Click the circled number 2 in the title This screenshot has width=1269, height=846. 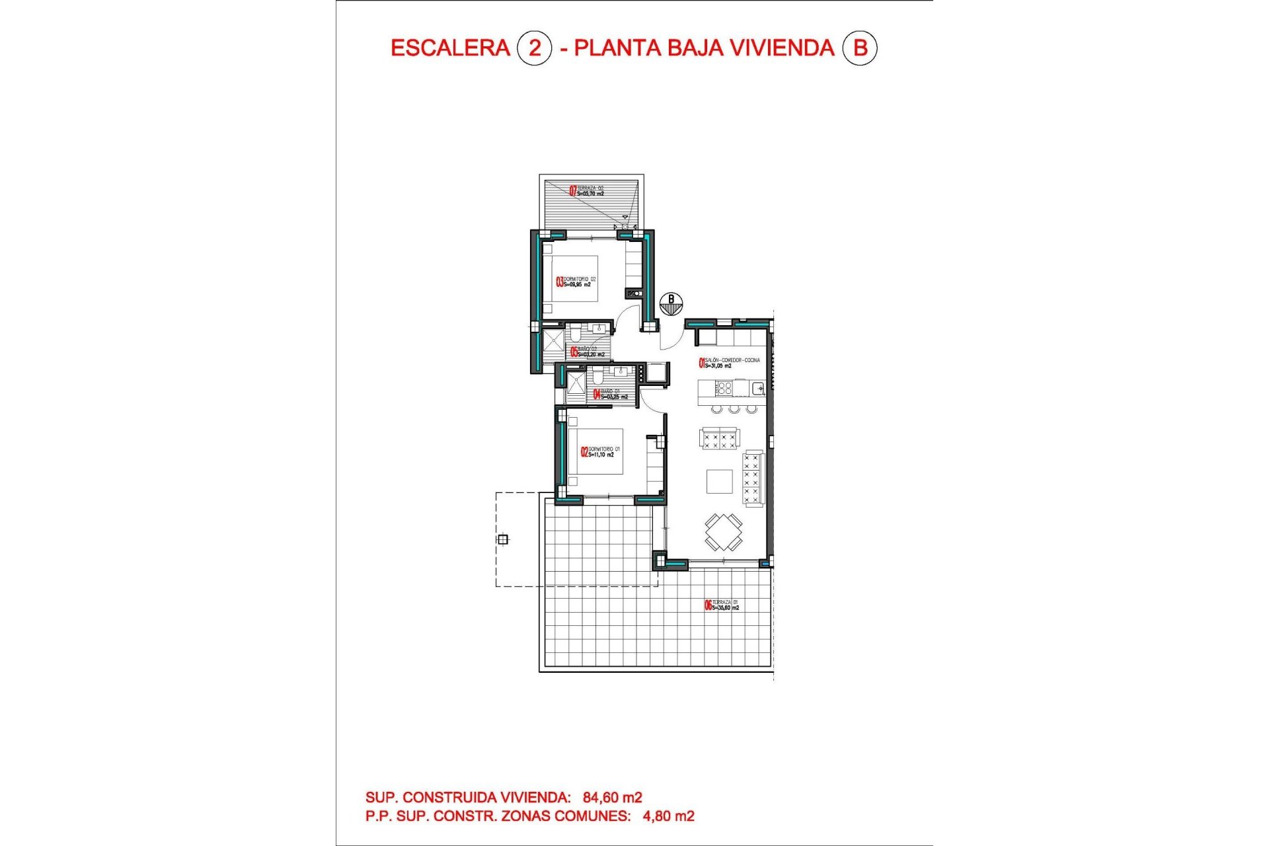tap(534, 48)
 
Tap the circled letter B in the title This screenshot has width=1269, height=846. tap(859, 48)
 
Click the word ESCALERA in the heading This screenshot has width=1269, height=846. tap(450, 48)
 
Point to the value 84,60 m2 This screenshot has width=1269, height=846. tap(612, 798)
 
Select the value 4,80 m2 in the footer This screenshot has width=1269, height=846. tap(668, 816)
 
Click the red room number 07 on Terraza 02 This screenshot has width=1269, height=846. tap(573, 191)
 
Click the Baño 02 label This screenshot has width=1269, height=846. tap(588, 352)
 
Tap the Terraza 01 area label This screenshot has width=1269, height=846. tap(725, 605)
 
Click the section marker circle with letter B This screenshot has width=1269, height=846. tap(672, 303)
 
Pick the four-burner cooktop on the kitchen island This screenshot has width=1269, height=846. tap(724, 387)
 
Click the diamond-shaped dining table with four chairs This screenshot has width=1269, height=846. tap(723, 531)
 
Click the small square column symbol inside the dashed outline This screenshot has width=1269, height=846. tap(503, 539)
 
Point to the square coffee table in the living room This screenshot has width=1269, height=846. tap(719, 481)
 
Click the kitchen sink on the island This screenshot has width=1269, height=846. tap(758, 388)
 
